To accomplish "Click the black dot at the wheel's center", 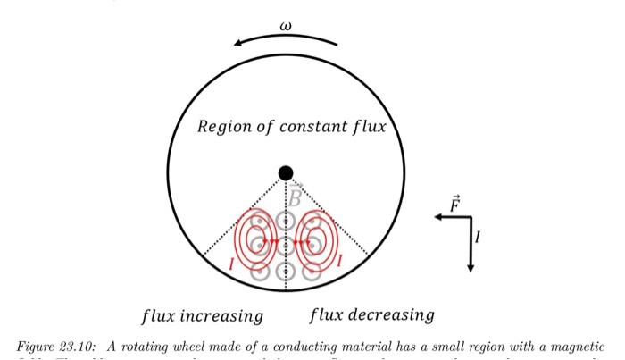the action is click(x=285, y=172).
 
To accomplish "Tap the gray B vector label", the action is click(x=295, y=197).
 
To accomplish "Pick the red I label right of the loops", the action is click(x=340, y=262).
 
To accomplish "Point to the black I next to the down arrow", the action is click(x=478, y=237).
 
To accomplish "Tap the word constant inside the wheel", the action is click(x=312, y=127).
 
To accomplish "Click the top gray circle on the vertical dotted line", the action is click(x=285, y=217).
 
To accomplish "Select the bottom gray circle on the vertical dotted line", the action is click(x=285, y=270).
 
